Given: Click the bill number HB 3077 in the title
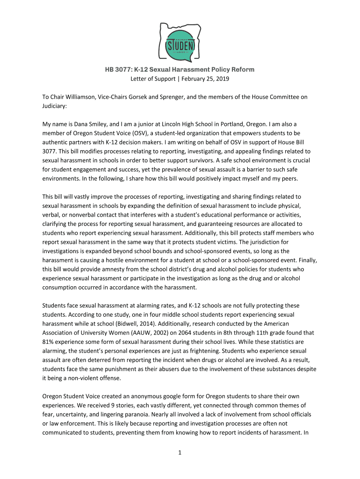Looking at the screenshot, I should pyautogui.click(x=119, y=70).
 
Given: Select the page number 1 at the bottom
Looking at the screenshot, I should pyautogui.click(x=180, y=452).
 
